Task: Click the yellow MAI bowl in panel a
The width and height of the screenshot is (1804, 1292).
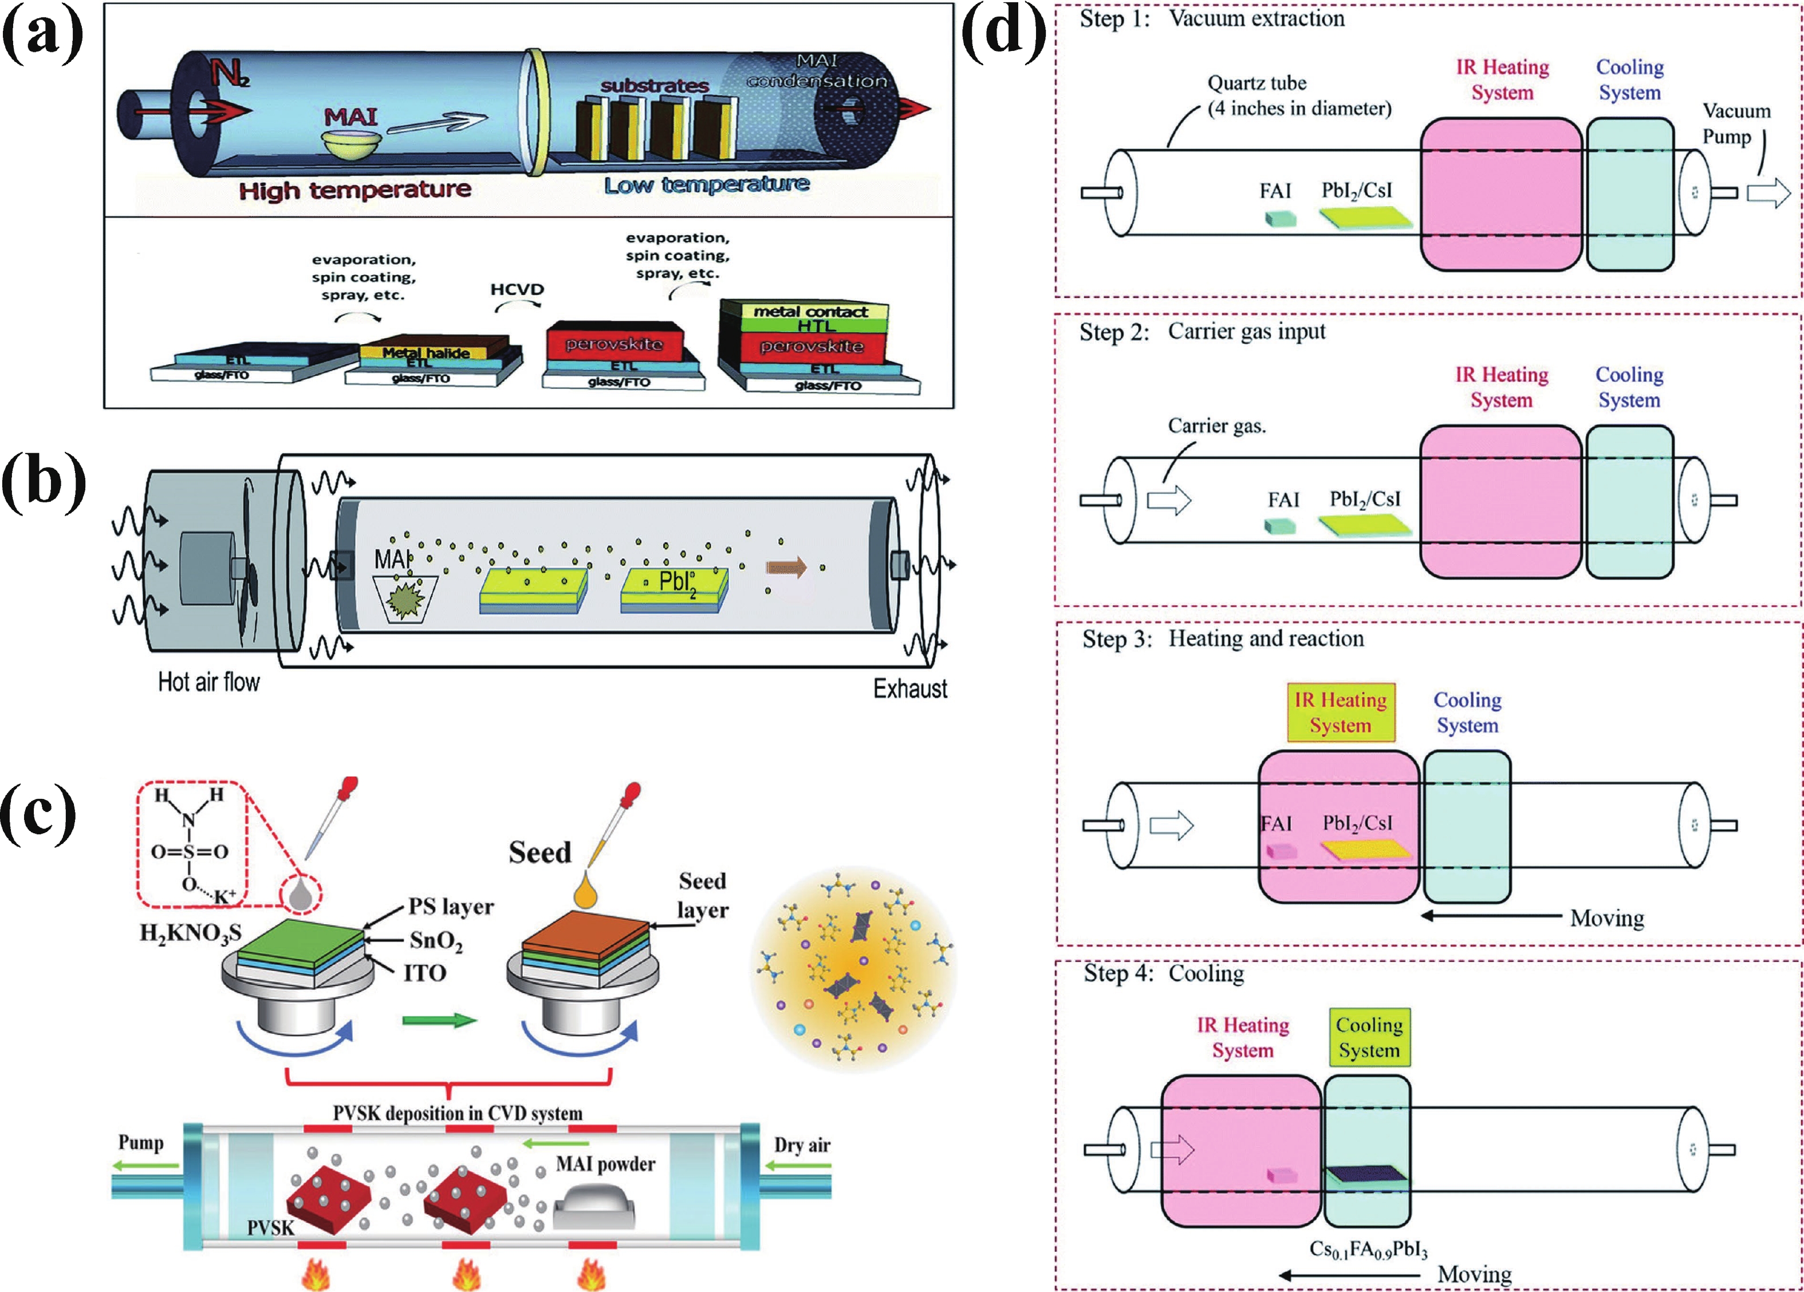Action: coord(350,144)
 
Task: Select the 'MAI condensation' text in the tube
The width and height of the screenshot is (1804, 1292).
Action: coord(817,71)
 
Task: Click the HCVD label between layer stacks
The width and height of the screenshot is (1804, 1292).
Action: coord(517,289)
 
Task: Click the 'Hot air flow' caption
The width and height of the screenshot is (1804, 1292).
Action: coord(208,682)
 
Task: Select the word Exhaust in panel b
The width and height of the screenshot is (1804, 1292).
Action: coord(910,688)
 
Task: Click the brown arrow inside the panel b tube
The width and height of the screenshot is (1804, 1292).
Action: coord(786,567)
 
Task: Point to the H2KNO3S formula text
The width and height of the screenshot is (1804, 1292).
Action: coord(190,932)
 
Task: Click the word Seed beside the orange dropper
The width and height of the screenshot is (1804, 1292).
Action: coord(540,853)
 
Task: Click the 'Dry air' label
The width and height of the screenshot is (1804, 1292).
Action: coord(802,1145)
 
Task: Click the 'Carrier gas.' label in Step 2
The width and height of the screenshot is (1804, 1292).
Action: coord(1216,427)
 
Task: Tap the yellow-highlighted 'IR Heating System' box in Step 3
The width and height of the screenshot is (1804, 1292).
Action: coord(1340,713)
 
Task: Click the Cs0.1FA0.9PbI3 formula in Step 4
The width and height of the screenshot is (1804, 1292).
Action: coord(1368,1249)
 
